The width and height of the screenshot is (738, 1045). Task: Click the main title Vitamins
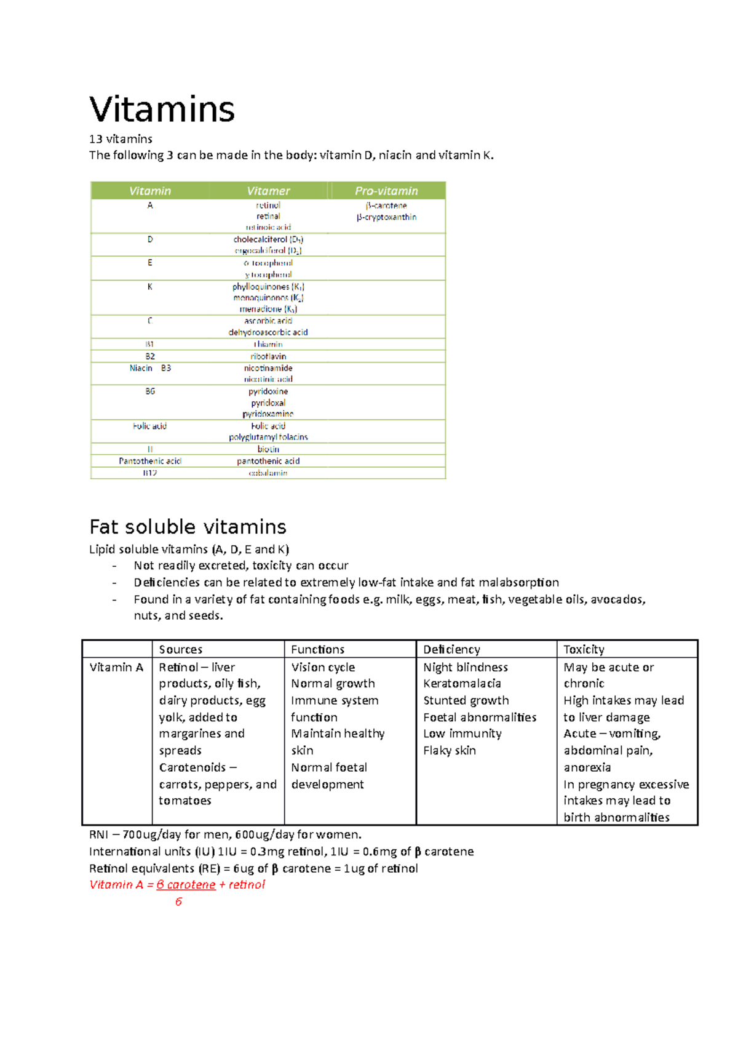(x=162, y=110)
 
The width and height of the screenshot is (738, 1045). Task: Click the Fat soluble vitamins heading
(x=188, y=527)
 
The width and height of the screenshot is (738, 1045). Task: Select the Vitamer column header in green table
(x=268, y=191)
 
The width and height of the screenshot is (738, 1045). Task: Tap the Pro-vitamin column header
(x=386, y=191)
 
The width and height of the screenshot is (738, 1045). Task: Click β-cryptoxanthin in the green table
(x=386, y=217)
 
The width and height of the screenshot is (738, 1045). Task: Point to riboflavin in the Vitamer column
(x=268, y=356)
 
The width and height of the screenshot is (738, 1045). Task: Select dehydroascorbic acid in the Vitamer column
(x=268, y=332)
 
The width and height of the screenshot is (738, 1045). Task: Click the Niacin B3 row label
(x=150, y=368)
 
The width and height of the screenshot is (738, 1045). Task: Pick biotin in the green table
(x=268, y=449)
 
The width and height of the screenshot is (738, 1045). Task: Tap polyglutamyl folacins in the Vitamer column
(x=268, y=437)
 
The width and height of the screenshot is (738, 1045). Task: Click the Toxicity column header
(x=584, y=649)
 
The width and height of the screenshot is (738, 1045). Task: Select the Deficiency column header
(x=451, y=649)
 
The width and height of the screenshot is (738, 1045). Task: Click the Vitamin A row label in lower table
(x=116, y=667)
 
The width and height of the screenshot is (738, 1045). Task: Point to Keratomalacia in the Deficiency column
(x=462, y=684)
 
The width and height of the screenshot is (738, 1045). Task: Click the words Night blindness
(x=466, y=667)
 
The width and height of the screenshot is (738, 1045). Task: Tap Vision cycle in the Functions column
(x=323, y=667)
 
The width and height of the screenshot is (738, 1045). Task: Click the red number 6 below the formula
(x=178, y=902)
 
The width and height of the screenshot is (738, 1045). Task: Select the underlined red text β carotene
(x=186, y=884)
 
